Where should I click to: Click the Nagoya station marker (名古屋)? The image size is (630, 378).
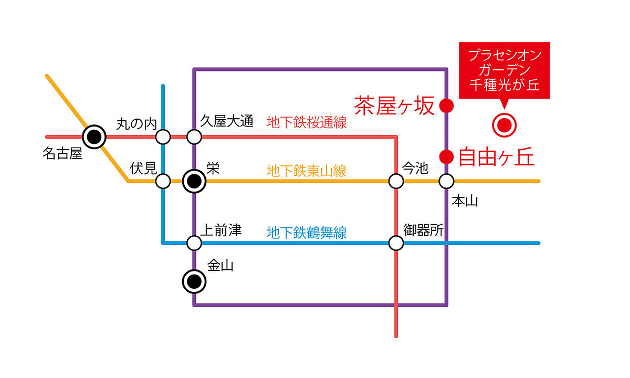coord(94,137)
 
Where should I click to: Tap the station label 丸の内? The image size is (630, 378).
coord(136,124)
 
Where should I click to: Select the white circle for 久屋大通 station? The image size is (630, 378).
coord(194,137)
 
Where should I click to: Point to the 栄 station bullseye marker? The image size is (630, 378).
coord(194,181)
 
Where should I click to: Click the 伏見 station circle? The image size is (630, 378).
coord(163,181)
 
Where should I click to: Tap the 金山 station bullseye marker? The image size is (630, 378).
coord(194,281)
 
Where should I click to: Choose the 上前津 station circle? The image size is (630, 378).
coord(194,243)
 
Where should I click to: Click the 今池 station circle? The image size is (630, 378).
coord(396,181)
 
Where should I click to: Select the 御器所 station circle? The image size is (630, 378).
coord(396,243)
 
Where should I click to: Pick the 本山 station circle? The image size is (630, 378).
coord(446,181)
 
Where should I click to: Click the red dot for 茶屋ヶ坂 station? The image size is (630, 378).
coord(446,106)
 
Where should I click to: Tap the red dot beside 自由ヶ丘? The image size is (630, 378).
coord(446,156)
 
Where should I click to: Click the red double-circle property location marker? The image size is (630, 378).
coord(505,125)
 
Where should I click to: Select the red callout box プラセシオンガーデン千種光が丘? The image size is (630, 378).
coord(505,70)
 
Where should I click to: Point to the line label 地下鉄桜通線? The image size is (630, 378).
coord(307,122)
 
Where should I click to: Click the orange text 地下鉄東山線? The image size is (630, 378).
coord(307,171)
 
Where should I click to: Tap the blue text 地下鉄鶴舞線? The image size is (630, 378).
coord(307,233)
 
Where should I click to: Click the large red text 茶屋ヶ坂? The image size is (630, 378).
coord(394,106)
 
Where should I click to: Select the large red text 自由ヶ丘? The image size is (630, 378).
coord(497,157)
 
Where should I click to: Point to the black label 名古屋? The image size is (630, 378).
coord(62,153)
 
